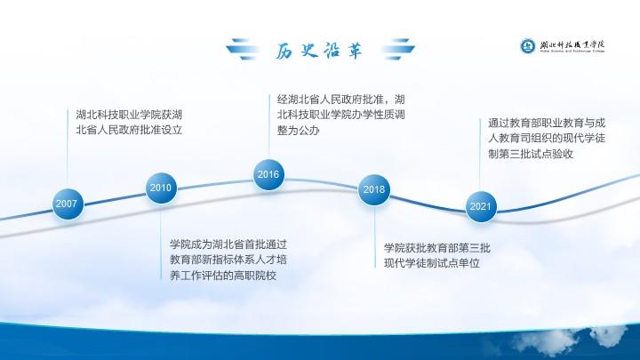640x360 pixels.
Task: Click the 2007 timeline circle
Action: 68,204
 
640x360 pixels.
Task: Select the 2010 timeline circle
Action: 161,188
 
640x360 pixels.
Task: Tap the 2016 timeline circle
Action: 268,175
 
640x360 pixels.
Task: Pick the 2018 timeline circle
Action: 374,189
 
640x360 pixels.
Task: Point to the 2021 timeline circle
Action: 481,206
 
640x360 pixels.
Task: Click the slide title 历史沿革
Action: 319,51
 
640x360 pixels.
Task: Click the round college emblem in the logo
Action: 527,45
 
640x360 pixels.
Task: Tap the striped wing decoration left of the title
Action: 243,49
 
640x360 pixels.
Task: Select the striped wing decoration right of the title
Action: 398,49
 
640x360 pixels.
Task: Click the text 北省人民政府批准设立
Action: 129,130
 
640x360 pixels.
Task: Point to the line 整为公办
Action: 299,131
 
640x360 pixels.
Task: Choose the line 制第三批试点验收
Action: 531,154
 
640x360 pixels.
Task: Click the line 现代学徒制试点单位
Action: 432,263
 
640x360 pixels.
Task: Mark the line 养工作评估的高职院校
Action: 223,276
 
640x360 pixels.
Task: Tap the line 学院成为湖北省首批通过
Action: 228,244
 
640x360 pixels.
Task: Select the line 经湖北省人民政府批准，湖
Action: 341,100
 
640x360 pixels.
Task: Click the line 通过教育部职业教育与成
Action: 547,123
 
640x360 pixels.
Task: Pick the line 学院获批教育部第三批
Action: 437,248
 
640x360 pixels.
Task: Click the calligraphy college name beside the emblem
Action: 572,45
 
